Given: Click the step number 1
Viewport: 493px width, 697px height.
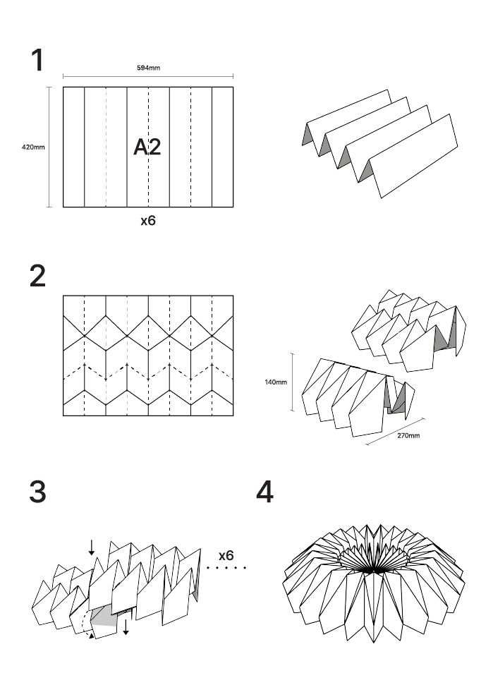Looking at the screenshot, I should pos(37,61).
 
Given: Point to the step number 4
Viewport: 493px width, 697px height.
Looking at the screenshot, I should pos(264,492).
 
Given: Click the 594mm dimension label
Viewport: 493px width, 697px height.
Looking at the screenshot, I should pos(148,68).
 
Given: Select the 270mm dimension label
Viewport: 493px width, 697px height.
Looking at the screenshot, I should pos(408,436).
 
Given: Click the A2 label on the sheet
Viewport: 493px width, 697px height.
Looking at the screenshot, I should pos(147,147).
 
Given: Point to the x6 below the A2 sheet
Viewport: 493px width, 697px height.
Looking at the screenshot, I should pos(147,221).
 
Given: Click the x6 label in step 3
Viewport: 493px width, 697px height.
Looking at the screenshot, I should pos(226,547).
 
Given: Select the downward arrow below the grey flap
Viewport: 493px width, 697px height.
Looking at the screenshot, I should pos(126,626).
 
